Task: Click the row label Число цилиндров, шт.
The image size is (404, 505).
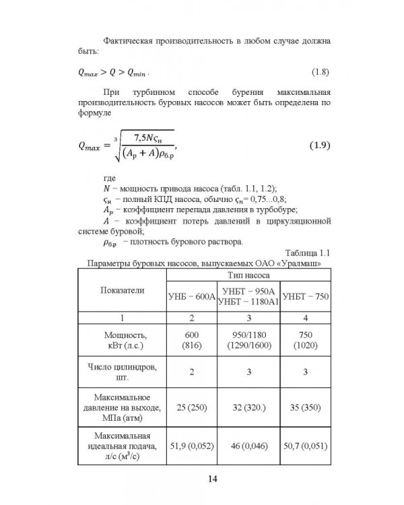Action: pos(119,371)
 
